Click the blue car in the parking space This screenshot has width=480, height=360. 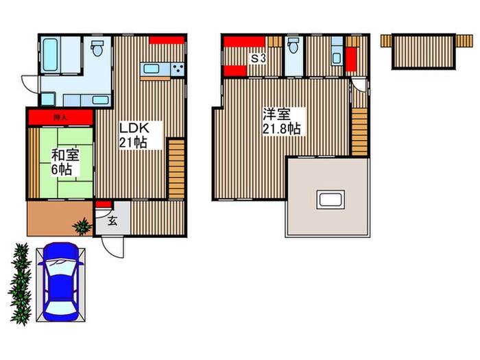[61, 282]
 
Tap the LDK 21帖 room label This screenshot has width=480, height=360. [134, 135]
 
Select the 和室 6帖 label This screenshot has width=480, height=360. [65, 163]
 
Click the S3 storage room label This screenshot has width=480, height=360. [259, 58]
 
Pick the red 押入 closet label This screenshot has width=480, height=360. [60, 117]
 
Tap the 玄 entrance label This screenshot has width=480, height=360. [112, 221]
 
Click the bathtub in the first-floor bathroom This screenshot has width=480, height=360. [50, 55]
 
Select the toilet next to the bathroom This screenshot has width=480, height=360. [97, 48]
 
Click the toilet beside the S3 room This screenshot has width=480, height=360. [293, 46]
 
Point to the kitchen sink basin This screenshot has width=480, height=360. [152, 69]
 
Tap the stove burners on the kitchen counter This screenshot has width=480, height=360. [178, 69]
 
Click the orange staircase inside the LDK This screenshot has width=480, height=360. [176, 169]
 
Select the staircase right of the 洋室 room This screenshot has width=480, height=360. [359, 132]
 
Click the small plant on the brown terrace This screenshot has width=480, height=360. [82, 226]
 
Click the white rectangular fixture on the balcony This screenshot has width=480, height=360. [331, 200]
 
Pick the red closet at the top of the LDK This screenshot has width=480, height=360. [167, 40]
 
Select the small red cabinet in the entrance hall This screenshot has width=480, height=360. [103, 204]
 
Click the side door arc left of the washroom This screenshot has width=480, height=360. [30, 84]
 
